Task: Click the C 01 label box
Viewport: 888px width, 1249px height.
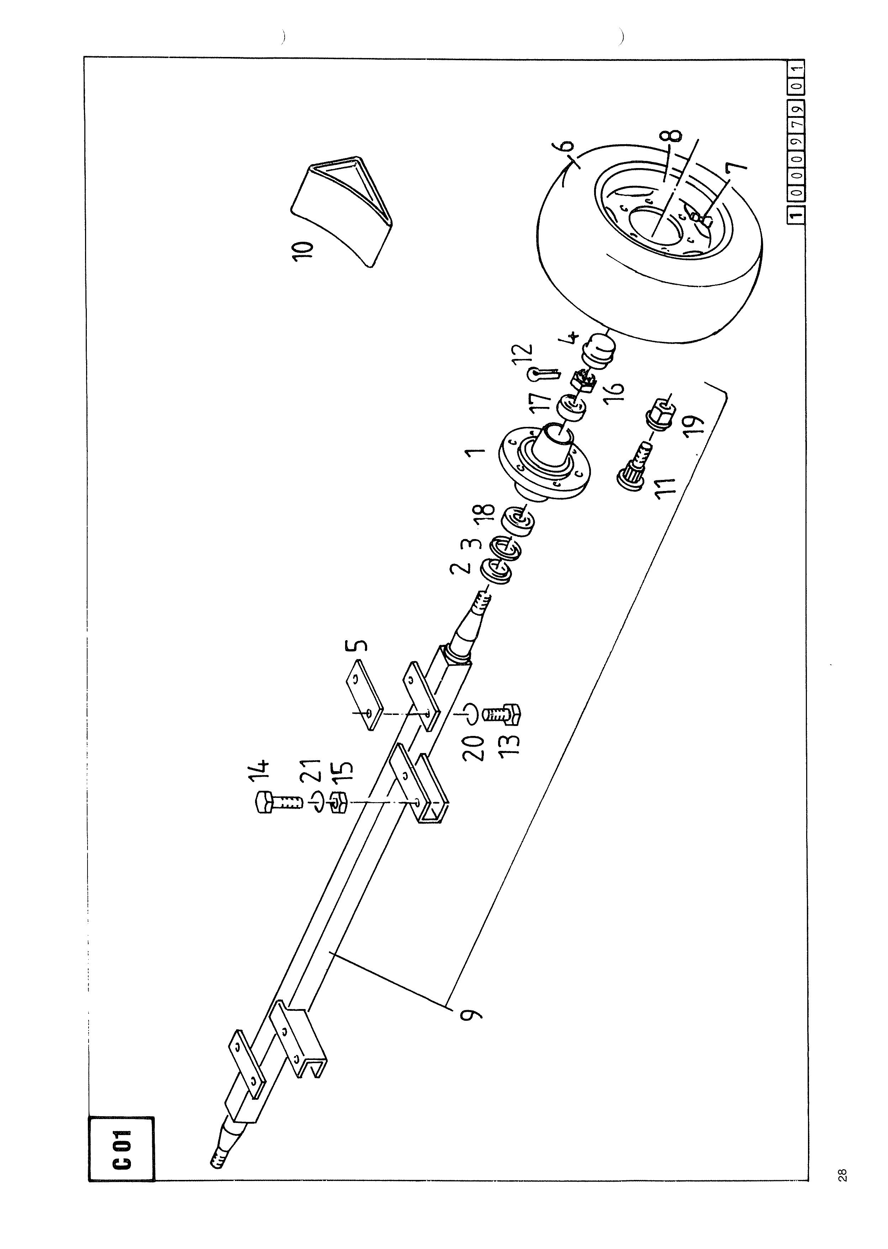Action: [x=121, y=1147]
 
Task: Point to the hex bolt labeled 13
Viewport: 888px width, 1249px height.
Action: [x=502, y=715]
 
